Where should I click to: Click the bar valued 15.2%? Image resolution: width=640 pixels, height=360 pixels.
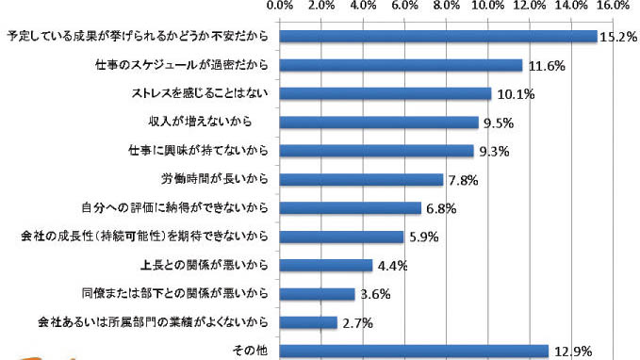click(x=438, y=37)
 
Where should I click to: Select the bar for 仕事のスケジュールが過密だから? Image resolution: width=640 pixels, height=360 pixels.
click(x=401, y=65)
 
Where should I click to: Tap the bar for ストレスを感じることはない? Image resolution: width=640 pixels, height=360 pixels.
click(x=386, y=94)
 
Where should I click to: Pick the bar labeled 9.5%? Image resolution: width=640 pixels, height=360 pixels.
click(x=379, y=123)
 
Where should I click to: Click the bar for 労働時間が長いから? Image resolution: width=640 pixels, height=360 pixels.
click(x=361, y=180)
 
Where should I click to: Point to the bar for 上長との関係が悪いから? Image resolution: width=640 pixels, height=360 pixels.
click(x=326, y=266)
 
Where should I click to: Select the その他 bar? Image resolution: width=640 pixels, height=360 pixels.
click(x=414, y=351)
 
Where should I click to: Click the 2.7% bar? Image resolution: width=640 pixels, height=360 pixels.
click(x=308, y=322)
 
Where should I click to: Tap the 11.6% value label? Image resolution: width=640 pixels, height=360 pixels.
click(x=547, y=66)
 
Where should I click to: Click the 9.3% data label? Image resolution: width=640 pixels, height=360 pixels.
click(x=494, y=152)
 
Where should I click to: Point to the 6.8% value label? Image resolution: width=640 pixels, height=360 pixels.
click(x=441, y=209)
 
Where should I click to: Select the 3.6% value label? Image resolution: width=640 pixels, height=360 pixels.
click(x=375, y=294)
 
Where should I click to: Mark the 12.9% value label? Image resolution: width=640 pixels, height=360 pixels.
click(x=573, y=352)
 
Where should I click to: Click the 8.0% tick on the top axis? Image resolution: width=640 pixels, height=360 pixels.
click(x=447, y=6)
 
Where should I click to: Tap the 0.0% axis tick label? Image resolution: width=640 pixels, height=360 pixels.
click(x=280, y=6)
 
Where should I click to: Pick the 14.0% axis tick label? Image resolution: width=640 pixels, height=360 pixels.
click(x=572, y=6)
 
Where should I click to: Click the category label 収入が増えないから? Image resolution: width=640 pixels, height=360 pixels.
click(x=200, y=122)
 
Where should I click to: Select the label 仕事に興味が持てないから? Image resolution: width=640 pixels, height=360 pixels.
click(x=198, y=150)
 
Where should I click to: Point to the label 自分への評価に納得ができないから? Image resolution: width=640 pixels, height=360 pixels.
click(x=175, y=207)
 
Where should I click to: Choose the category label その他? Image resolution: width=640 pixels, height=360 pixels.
click(x=250, y=351)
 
